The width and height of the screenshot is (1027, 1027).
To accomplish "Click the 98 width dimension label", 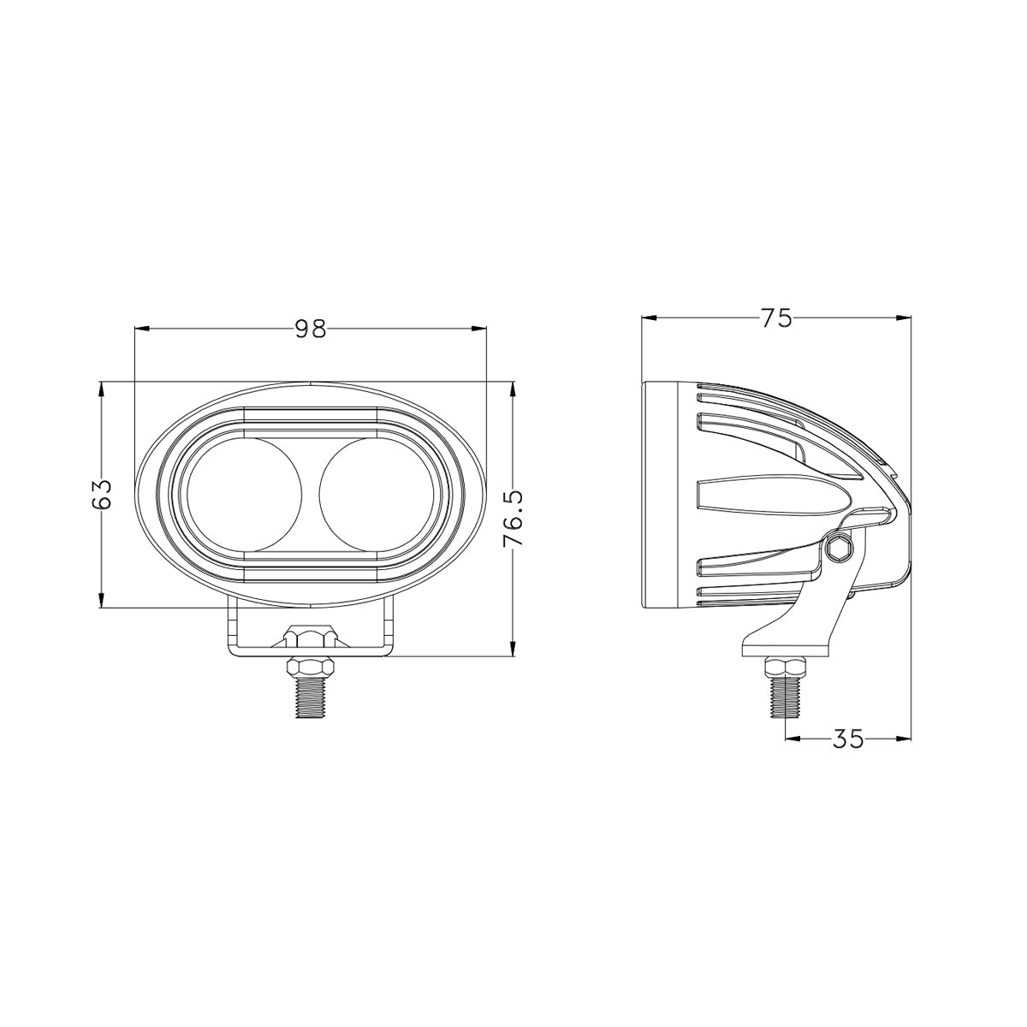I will pos(311,329).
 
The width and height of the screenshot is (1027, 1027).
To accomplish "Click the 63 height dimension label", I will pos(102,495).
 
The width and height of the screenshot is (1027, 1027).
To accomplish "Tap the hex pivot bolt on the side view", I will pos(839,548).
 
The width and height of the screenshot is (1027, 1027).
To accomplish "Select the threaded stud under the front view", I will pos(311,697).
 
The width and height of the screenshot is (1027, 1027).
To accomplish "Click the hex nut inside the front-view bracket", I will pos(311,637).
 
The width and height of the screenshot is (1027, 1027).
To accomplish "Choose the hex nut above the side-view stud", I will pos(784,668).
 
